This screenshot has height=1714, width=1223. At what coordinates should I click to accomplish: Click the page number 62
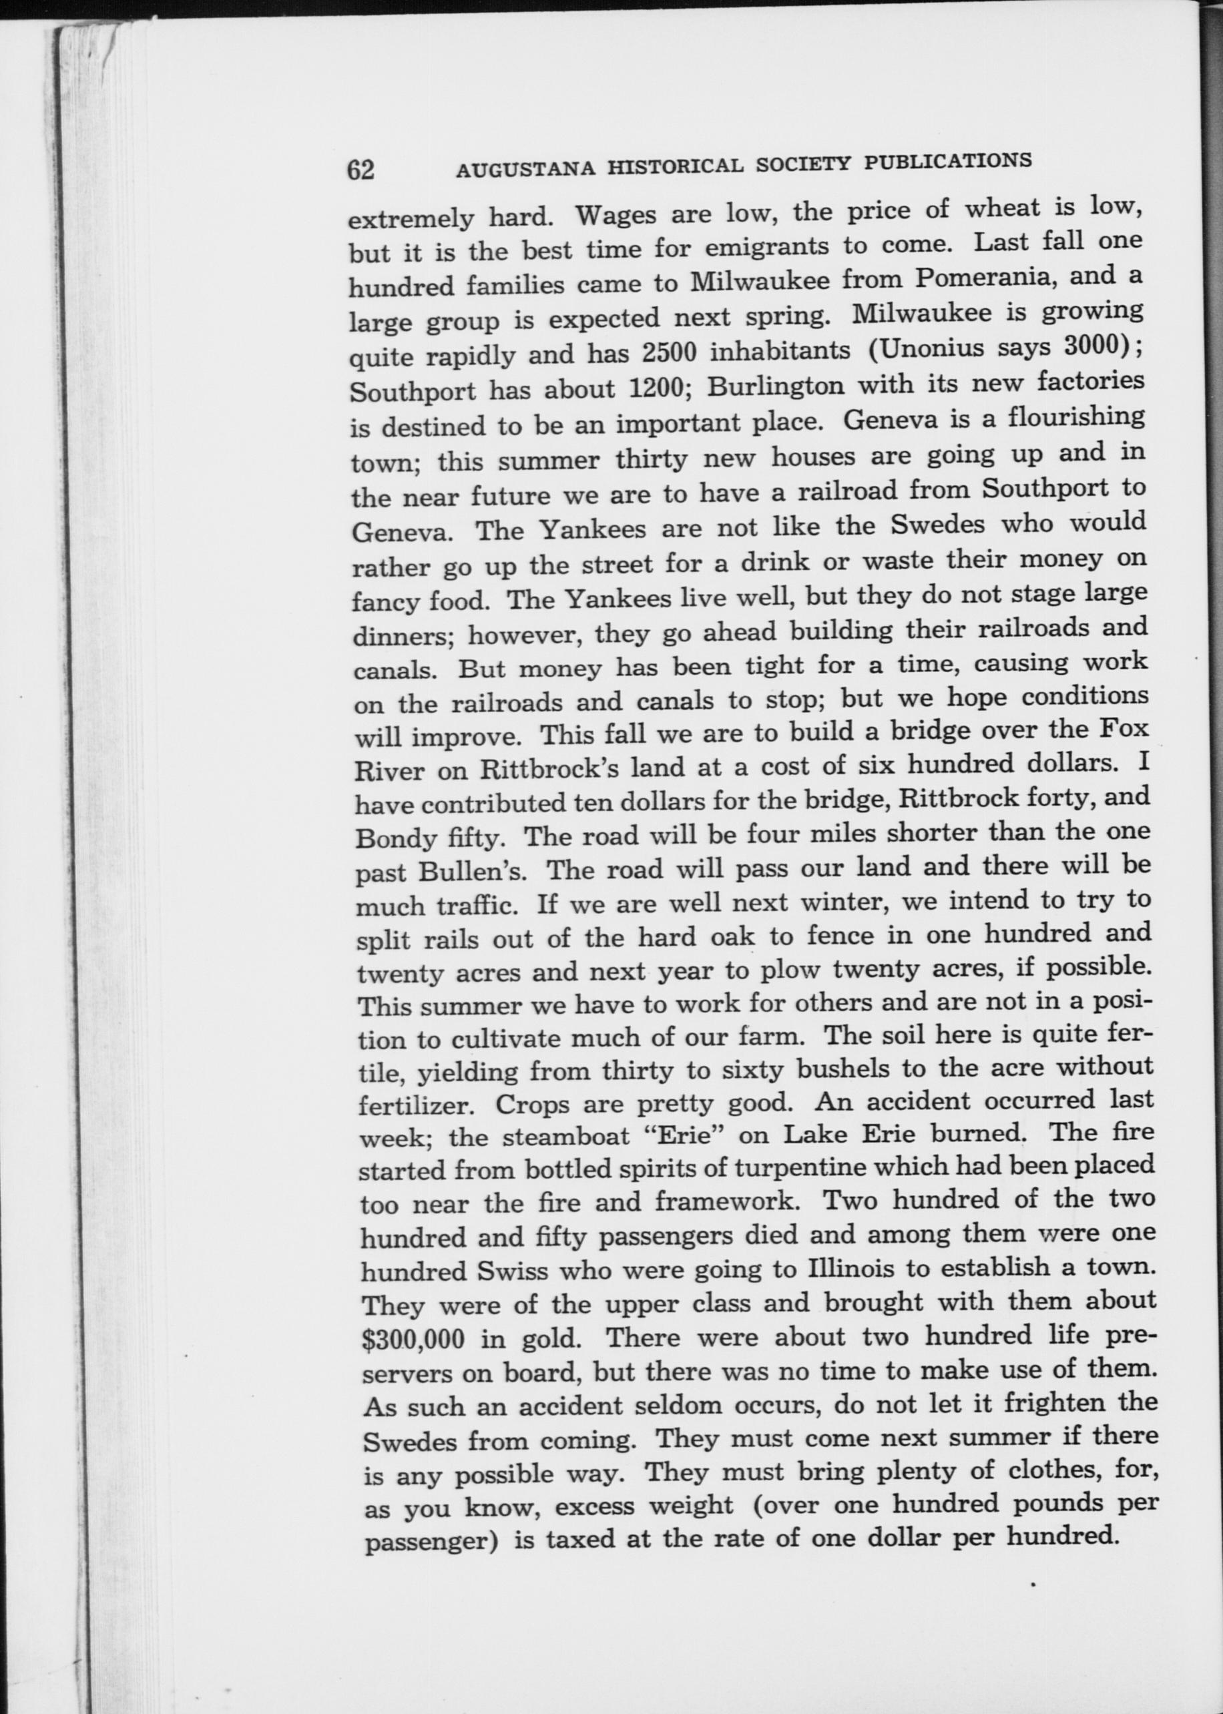coord(360,170)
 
